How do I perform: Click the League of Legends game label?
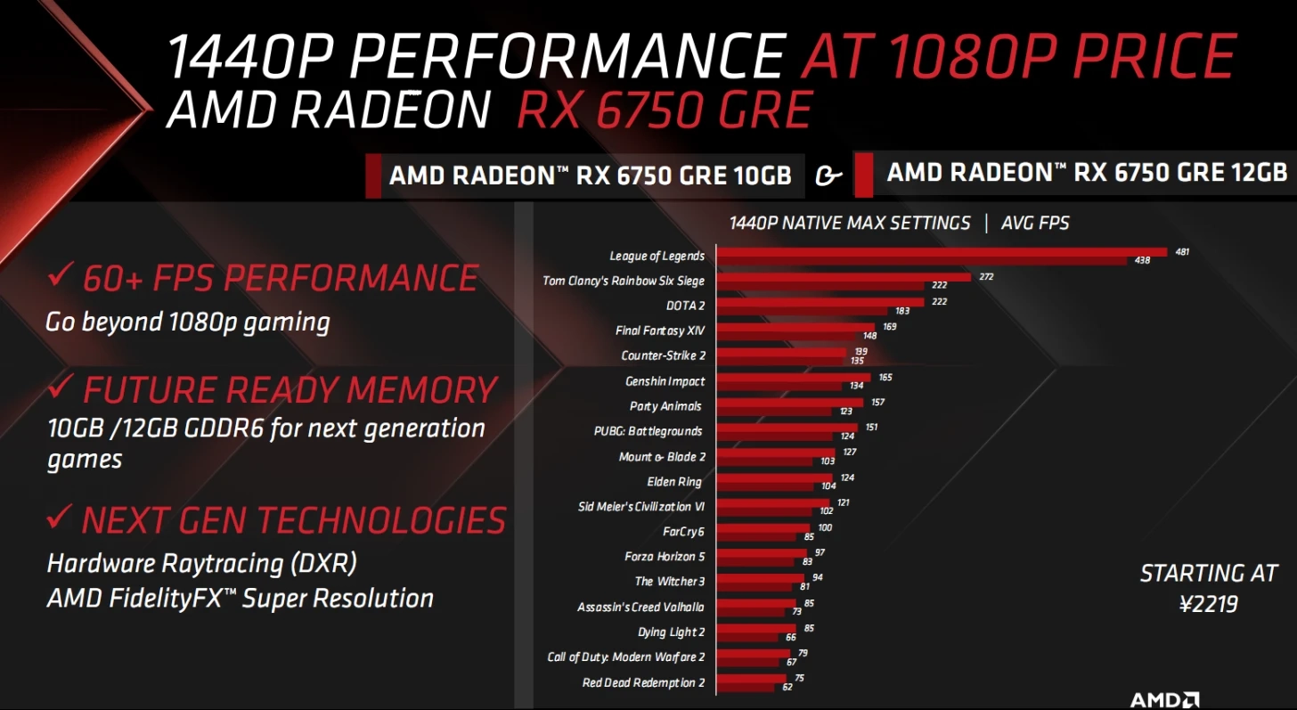coord(657,256)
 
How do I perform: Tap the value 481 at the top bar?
coord(1182,252)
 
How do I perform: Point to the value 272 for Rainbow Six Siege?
coord(986,277)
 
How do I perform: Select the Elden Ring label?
coord(673,482)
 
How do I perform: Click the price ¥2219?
coord(1208,605)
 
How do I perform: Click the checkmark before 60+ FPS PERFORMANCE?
coord(61,276)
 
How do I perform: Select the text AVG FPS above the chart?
coord(1035,223)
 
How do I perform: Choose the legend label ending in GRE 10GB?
coord(590,175)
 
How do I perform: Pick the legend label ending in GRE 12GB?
coord(1087,172)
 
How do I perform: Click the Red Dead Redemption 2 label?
coord(643,683)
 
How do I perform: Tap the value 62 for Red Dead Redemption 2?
coord(787,688)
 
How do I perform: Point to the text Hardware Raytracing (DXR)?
coord(201,563)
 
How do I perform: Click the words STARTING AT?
coord(1208,573)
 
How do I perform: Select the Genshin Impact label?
coord(665,381)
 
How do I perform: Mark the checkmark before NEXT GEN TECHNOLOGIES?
coord(61,517)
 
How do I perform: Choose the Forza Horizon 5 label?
coord(665,557)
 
